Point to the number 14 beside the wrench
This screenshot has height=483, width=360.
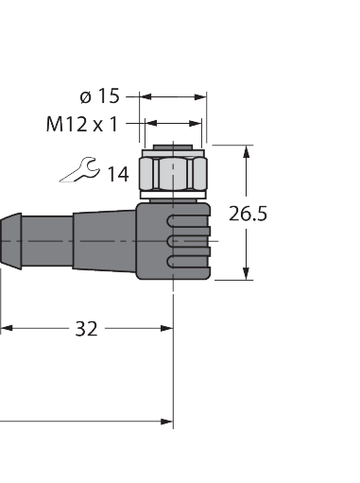pos(118,174)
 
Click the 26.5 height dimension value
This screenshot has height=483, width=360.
pos(248,214)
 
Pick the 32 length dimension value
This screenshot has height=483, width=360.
pos(86,329)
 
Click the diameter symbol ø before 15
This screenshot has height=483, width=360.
pos(86,95)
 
